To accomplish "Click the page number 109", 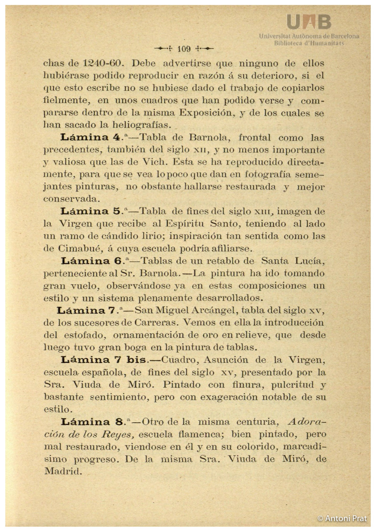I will click(x=184, y=49).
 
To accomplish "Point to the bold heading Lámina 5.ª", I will click(x=94, y=211).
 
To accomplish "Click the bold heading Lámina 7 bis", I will click(x=103, y=360).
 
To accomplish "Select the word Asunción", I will click(x=226, y=360).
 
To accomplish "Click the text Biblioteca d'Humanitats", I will click(x=309, y=43).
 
